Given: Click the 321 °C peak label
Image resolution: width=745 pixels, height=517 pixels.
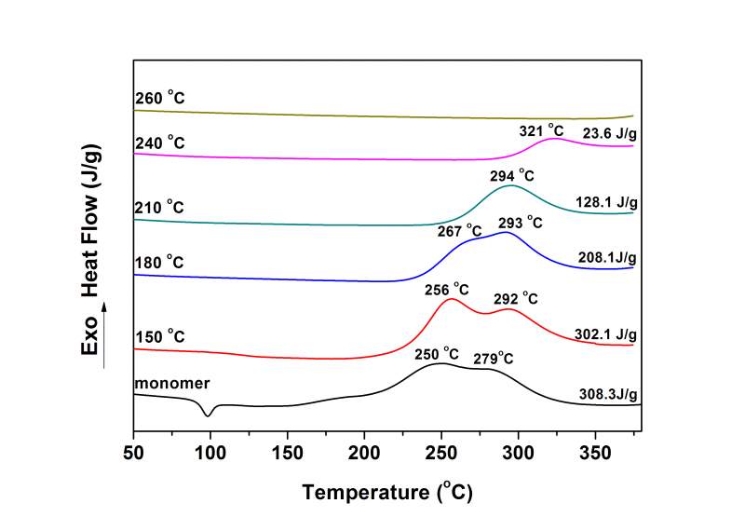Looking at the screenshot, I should [542, 130].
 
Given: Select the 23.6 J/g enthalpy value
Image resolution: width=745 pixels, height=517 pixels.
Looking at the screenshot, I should [609, 133].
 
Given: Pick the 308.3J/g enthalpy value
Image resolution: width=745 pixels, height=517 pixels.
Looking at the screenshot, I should [607, 395].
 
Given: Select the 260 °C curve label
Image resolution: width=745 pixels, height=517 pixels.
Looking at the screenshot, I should [160, 98].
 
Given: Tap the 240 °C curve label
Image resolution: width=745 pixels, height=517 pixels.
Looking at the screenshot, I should [160, 143].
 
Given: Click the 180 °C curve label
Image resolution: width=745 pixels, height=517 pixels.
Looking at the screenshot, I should [160, 264].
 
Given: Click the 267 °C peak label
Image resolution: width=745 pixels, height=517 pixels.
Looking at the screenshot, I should [460, 230].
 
